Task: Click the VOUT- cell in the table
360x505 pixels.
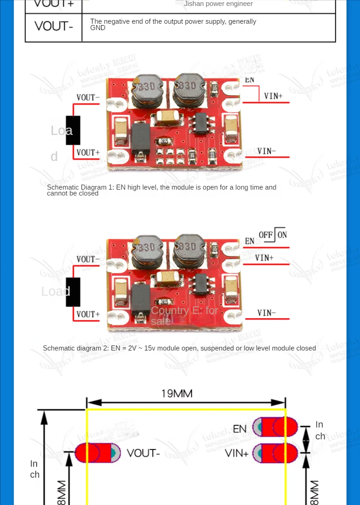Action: point(54,26)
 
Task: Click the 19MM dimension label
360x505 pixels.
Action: point(177,393)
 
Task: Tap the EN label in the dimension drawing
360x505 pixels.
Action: point(240,428)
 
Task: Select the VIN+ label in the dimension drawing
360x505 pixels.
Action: point(237,453)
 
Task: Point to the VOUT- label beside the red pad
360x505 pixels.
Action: point(143,453)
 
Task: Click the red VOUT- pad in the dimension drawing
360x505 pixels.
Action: point(98,453)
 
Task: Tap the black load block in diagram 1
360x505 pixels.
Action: point(73,130)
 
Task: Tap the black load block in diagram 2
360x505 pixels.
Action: point(73,292)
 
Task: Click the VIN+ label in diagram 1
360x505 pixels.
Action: point(273,96)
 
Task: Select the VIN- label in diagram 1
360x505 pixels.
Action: point(267,151)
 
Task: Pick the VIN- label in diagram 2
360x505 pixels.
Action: point(267,313)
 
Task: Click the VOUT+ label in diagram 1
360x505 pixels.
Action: point(88,152)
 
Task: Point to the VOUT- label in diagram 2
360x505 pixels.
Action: point(88,259)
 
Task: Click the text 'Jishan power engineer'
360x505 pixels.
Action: point(218,4)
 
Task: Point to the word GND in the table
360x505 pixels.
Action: point(98,28)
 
